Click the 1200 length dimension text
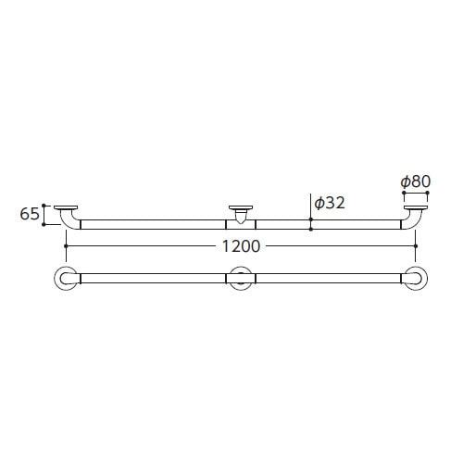[242, 246]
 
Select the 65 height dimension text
[30, 214]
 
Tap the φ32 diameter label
[330, 203]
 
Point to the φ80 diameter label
[416, 181]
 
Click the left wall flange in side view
[66, 207]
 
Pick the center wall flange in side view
[241, 207]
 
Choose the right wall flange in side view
[416, 207]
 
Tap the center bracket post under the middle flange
[241, 216]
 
